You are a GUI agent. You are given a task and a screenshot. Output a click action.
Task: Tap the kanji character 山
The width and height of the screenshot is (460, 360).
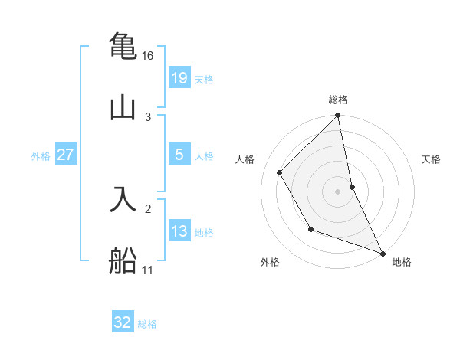[x=123, y=106]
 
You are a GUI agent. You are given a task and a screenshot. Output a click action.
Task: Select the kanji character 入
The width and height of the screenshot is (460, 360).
[x=123, y=198]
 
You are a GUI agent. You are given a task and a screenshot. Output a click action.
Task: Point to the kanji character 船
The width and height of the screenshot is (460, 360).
[x=123, y=260]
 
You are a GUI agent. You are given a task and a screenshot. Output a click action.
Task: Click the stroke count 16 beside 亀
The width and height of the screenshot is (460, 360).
[x=148, y=56]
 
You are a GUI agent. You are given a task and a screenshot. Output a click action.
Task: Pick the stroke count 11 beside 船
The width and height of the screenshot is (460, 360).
[x=148, y=270]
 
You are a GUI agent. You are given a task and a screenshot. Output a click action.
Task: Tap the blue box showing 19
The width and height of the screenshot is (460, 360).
[x=179, y=78]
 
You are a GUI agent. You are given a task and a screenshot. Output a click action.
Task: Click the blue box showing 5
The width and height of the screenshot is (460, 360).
[x=179, y=155]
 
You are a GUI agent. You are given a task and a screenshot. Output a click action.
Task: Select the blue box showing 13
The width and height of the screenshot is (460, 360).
[x=179, y=231]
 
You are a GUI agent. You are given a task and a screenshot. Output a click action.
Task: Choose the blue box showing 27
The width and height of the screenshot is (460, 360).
[x=66, y=155]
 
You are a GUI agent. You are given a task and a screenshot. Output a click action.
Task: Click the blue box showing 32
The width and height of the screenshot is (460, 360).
[x=123, y=322]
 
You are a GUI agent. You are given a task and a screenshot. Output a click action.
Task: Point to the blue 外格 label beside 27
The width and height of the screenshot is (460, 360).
[x=41, y=156]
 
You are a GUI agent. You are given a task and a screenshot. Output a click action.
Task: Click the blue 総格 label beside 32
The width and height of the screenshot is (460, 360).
[x=147, y=324]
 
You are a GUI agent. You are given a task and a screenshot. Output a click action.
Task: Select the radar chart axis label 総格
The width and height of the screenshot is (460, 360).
[x=338, y=100]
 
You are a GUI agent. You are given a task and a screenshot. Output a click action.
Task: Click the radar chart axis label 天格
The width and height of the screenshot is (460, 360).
[x=432, y=159]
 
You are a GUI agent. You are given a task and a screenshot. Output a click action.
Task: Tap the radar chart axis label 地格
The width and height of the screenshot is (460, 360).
[x=402, y=263]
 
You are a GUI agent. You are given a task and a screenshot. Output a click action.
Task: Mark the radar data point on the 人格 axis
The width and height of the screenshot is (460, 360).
[x=280, y=172]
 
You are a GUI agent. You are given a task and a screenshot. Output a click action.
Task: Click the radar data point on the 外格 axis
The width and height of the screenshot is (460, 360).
[x=310, y=229]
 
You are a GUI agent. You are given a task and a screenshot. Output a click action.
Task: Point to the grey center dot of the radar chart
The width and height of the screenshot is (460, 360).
[x=338, y=191]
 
